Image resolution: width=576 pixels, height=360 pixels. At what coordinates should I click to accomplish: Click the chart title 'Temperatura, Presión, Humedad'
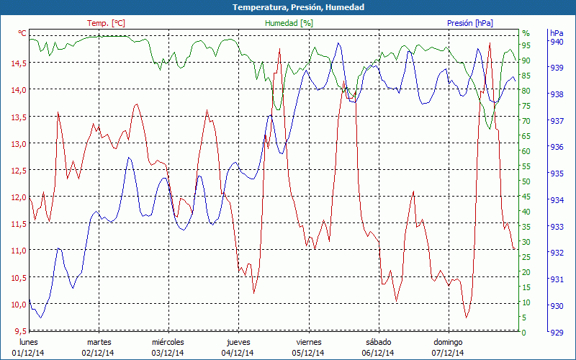click(288, 7)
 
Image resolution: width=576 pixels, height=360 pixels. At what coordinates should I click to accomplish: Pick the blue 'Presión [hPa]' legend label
click(470, 23)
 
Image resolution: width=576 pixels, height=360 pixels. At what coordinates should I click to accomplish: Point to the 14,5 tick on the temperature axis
click(18, 63)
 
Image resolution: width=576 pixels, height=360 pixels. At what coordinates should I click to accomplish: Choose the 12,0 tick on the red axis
click(18, 197)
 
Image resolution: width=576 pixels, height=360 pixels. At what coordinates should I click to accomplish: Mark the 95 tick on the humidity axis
click(526, 45)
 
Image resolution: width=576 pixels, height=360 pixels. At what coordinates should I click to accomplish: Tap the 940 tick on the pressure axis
click(556, 42)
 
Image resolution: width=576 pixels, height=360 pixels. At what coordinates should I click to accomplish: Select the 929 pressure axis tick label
click(556, 332)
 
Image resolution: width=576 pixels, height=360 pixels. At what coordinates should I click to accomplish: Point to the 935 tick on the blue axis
click(556, 174)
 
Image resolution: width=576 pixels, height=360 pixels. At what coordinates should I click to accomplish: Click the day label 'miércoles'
click(168, 342)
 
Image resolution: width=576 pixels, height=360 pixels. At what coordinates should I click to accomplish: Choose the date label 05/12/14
click(308, 353)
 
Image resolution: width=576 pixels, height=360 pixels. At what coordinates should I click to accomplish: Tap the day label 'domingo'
click(448, 342)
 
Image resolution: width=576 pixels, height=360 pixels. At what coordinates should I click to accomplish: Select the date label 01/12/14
click(28, 353)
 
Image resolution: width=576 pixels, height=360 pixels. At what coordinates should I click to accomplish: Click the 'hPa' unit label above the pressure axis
click(556, 33)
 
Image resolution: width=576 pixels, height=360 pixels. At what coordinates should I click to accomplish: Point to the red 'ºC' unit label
click(22, 33)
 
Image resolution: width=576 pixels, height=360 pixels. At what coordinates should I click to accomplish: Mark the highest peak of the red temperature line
click(490, 43)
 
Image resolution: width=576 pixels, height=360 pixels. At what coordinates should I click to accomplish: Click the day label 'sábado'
click(378, 342)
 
